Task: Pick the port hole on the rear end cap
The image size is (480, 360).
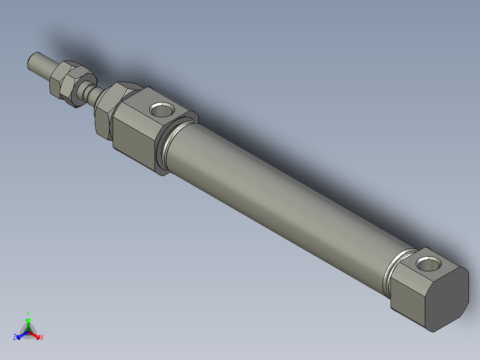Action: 428,265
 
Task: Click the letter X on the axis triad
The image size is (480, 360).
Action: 42,338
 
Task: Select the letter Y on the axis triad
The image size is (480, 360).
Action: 28,313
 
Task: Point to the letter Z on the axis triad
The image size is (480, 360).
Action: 15,337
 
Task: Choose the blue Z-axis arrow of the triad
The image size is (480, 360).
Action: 20,335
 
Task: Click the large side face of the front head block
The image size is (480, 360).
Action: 134,138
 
